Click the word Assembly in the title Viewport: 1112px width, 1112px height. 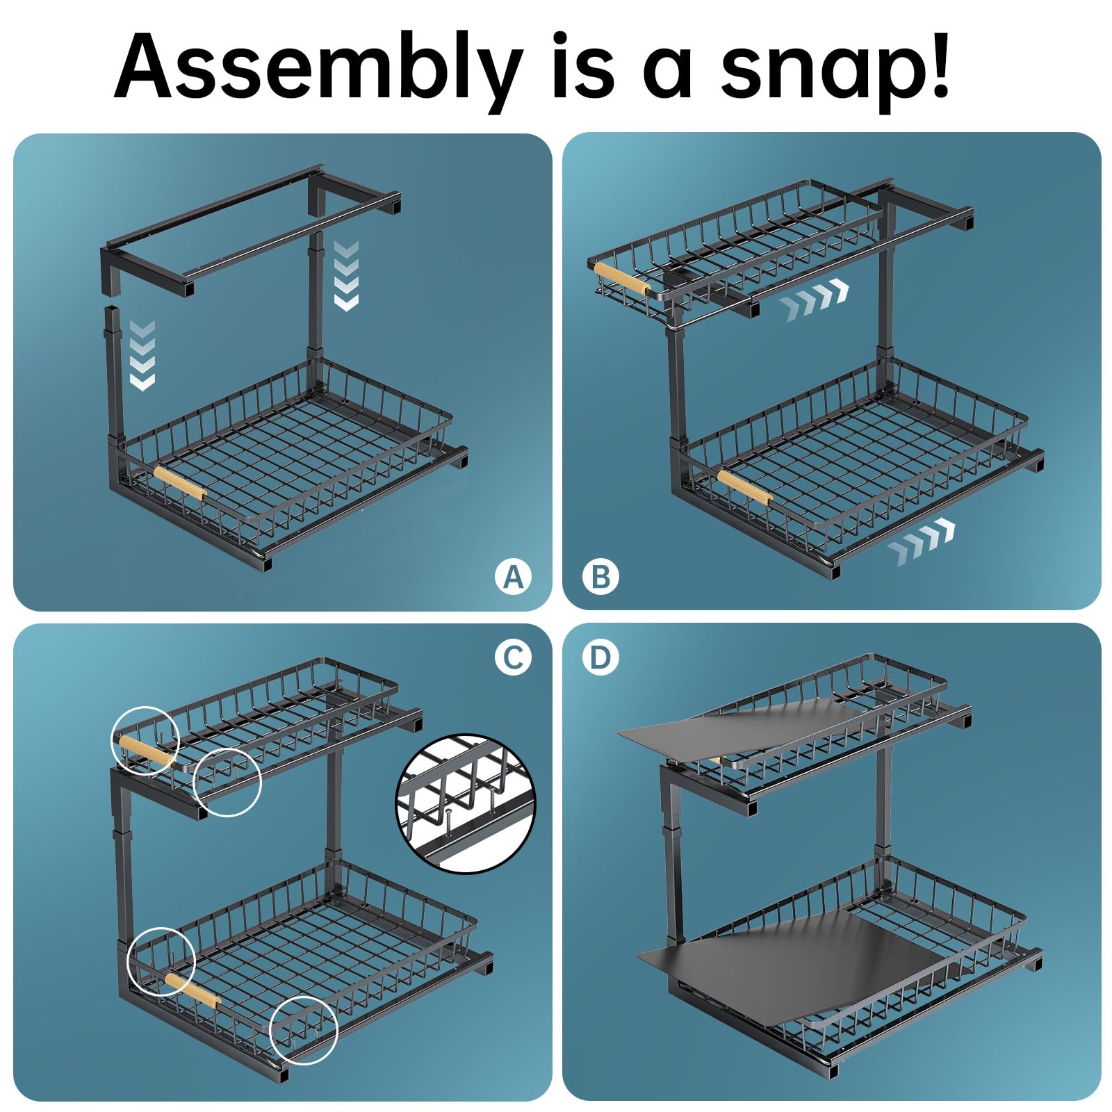(x=319, y=68)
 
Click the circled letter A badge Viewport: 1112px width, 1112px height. (x=513, y=576)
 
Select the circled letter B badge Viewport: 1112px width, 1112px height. (x=601, y=576)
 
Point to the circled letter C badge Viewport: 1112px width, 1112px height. (x=513, y=657)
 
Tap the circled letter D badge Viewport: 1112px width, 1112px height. (x=601, y=657)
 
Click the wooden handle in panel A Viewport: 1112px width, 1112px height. (x=180, y=484)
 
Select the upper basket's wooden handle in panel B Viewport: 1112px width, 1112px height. (x=623, y=279)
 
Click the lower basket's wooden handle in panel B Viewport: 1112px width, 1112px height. (x=744, y=486)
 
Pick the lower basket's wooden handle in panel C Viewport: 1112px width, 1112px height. (x=193, y=990)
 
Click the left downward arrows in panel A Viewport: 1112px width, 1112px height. (x=142, y=355)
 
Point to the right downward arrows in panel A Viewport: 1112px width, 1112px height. (x=346, y=276)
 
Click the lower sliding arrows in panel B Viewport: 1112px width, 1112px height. (x=921, y=541)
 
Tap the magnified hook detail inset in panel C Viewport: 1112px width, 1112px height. (x=466, y=803)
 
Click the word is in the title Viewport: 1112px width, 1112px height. (x=583, y=68)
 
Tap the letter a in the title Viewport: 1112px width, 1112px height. (x=668, y=73)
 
